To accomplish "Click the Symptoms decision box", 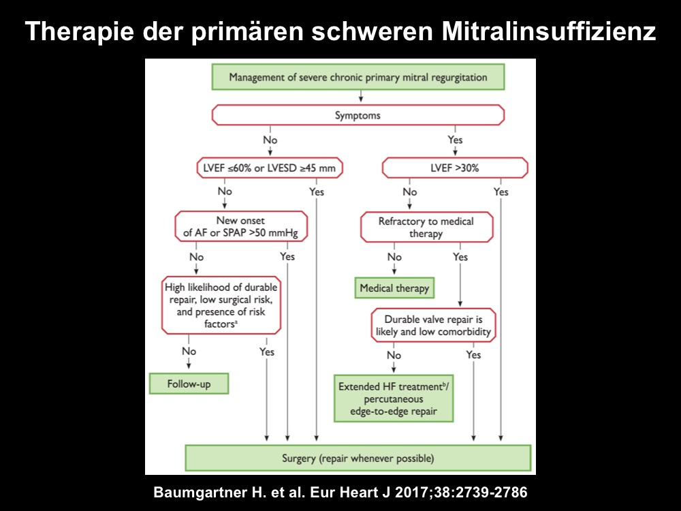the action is click(x=358, y=115).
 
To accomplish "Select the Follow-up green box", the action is click(x=189, y=384).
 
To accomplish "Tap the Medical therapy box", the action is click(x=394, y=288).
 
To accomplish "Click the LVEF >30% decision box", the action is click(x=455, y=168).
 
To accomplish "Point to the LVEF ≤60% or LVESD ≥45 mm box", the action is click(x=270, y=168).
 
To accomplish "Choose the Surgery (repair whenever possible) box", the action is click(x=358, y=458).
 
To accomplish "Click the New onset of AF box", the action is click(x=241, y=226).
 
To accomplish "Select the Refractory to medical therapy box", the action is click(x=426, y=228).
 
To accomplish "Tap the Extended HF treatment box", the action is click(x=394, y=399).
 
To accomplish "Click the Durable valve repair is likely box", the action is click(x=433, y=326).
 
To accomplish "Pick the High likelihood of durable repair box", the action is click(x=221, y=305).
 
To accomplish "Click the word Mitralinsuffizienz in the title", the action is click(x=548, y=31).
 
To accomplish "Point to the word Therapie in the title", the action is click(x=79, y=31).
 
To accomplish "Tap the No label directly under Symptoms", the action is click(x=270, y=140).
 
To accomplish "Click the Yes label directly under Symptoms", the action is click(x=455, y=140).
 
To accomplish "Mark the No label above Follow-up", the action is click(x=189, y=351).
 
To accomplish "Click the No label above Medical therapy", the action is click(x=394, y=257).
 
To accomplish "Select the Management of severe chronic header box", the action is click(x=358, y=77).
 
